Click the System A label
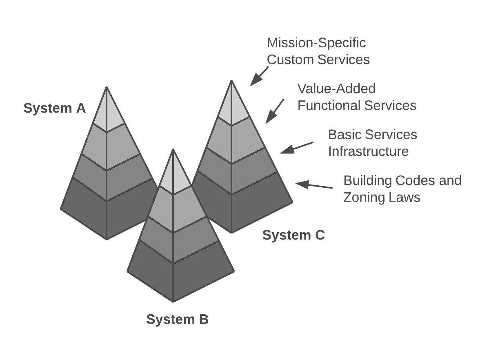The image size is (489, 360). [x=54, y=109]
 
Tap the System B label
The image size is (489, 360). [x=177, y=319]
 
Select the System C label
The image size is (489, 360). [x=293, y=235]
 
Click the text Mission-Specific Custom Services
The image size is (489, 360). [x=318, y=51]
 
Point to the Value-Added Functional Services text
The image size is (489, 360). [x=356, y=97]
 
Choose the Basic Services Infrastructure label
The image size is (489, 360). [x=372, y=143]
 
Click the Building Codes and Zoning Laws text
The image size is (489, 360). [x=402, y=189]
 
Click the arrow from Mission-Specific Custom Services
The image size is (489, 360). [x=259, y=76]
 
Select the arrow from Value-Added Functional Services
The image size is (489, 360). [x=274, y=111]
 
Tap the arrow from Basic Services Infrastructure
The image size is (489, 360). [x=296, y=147]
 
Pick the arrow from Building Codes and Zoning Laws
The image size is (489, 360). [x=313, y=186]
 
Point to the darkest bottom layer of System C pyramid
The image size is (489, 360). [x=245, y=204]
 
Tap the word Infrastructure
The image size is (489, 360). [x=368, y=151]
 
